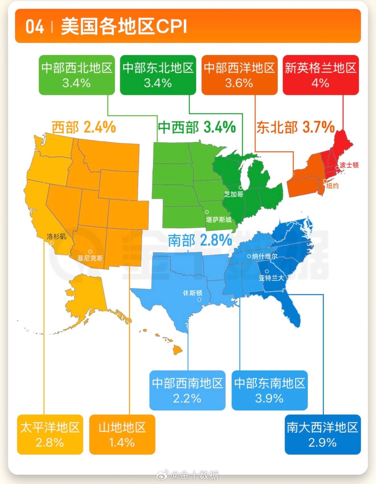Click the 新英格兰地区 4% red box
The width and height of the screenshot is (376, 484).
(320, 75)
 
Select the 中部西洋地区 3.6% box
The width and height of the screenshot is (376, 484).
(239, 75)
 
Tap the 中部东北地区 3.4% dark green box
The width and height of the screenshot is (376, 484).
(158, 75)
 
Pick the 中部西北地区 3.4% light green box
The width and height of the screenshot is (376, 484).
(77, 75)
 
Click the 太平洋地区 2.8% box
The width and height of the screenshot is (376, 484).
(50, 434)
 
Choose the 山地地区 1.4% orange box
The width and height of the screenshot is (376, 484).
(122, 434)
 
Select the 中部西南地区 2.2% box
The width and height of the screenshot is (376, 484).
(187, 390)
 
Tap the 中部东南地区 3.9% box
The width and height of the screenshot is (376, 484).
(269, 390)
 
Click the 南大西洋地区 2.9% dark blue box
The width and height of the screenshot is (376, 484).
(322, 434)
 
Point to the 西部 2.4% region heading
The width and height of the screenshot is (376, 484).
(84, 127)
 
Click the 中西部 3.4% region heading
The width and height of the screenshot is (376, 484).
(197, 127)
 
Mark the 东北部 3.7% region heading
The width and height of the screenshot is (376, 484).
(295, 127)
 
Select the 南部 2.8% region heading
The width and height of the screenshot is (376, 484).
(200, 240)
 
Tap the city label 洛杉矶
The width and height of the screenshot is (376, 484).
(56, 236)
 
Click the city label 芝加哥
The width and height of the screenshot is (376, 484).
(234, 194)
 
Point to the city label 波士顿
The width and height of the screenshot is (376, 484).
(349, 165)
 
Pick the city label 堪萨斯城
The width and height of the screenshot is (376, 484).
(218, 219)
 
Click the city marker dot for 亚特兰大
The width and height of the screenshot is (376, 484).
(267, 271)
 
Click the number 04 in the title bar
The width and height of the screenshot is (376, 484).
(34, 27)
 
